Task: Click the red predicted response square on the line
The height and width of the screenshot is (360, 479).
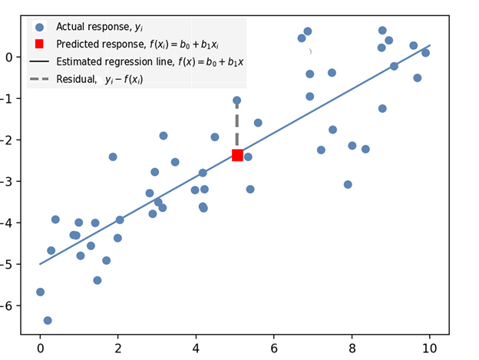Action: click(x=237, y=155)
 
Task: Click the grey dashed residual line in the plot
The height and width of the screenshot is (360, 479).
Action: click(x=236, y=127)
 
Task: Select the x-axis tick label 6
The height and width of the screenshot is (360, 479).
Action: click(x=274, y=347)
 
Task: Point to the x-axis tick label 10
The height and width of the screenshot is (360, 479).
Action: click(x=430, y=347)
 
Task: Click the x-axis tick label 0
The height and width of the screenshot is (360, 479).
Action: click(x=40, y=347)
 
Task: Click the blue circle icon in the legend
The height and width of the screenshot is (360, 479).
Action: click(x=39, y=27)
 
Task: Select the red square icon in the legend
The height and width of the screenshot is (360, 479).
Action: click(x=39, y=45)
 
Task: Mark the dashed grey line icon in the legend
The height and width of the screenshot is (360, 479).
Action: click(x=39, y=79)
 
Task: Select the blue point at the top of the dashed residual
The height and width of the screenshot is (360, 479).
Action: click(x=236, y=101)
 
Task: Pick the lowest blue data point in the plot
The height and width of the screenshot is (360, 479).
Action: click(x=48, y=320)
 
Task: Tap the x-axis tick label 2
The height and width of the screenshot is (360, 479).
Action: click(x=118, y=347)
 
